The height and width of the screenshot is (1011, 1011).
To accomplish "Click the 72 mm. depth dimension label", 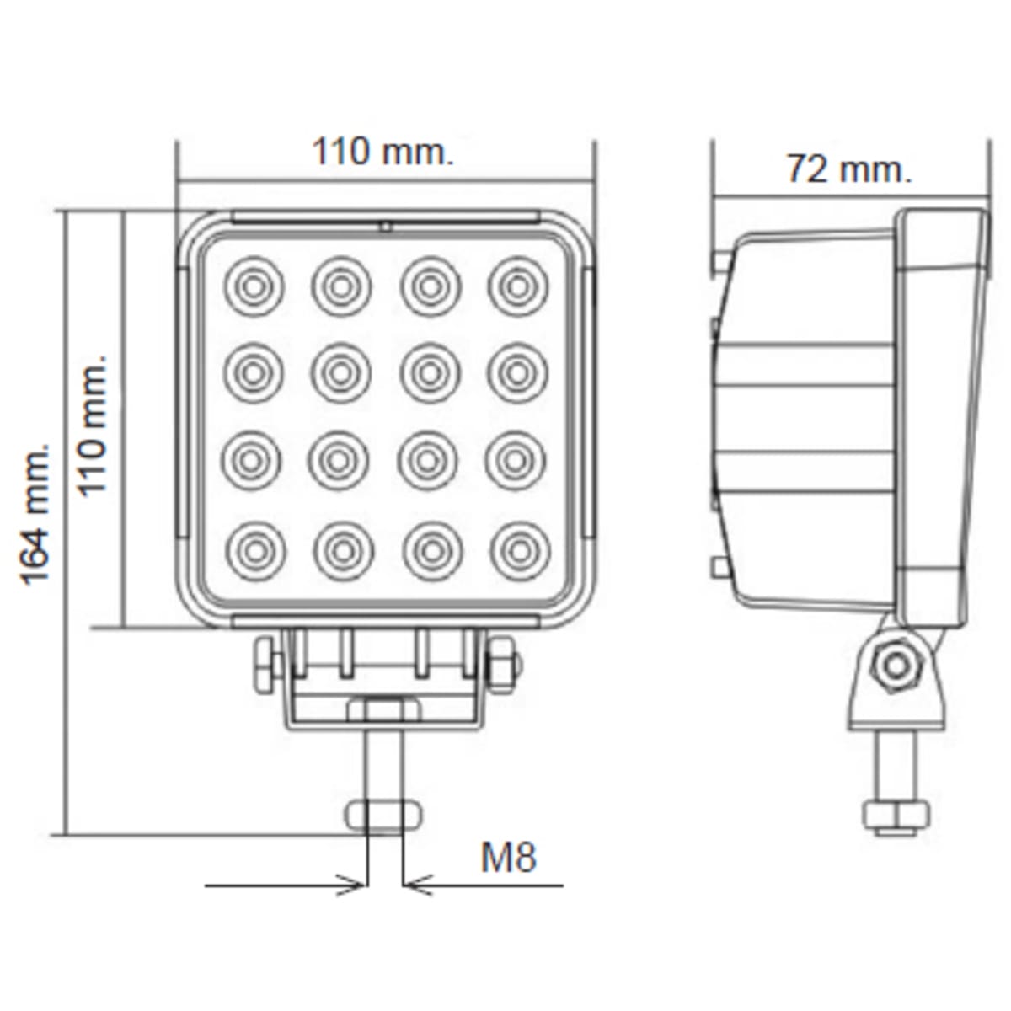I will tap(849, 169).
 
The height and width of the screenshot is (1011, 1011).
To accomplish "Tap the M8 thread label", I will tap(508, 858).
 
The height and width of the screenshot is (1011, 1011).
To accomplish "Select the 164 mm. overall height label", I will tap(36, 513).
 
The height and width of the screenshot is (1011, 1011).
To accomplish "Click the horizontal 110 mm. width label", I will tap(382, 152).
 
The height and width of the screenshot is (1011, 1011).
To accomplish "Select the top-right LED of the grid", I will tap(517, 286).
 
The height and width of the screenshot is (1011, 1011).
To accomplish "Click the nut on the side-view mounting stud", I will tap(896, 816).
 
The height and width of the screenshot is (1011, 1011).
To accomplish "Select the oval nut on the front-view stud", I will tap(383, 815).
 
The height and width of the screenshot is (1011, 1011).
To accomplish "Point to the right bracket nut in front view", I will tap(504, 664).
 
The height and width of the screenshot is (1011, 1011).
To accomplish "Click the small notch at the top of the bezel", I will tap(384, 226).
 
